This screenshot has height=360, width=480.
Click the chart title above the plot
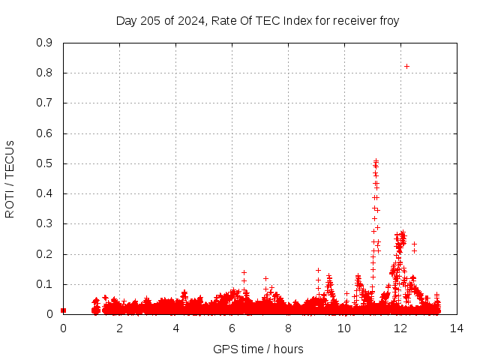click(x=257, y=21)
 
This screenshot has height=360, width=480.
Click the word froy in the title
click(x=389, y=22)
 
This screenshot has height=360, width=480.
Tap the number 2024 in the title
click(x=191, y=21)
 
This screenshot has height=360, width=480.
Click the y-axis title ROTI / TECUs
click(x=10, y=179)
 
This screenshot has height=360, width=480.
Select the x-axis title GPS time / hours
click(x=258, y=349)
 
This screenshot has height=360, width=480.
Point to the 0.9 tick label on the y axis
click(x=44, y=43)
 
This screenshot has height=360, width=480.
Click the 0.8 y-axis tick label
click(x=44, y=73)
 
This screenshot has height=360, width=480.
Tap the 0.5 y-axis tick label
click(x=44, y=163)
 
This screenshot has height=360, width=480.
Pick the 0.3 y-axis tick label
click(x=44, y=223)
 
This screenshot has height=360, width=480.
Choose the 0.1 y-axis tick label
click(x=44, y=284)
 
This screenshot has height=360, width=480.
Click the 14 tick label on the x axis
click(x=457, y=328)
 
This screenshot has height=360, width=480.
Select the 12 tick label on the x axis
click(x=400, y=328)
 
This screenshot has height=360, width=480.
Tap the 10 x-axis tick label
click(x=344, y=328)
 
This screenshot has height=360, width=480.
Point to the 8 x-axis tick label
click(x=288, y=328)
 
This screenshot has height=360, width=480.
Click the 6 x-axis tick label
click(x=232, y=328)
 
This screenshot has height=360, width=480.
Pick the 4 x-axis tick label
click(x=175, y=328)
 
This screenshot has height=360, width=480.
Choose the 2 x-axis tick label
click(x=119, y=328)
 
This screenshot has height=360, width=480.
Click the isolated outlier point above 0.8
click(x=406, y=67)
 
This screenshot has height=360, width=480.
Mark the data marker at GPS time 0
click(x=63, y=310)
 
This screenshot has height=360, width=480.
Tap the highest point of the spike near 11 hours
click(x=376, y=160)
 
